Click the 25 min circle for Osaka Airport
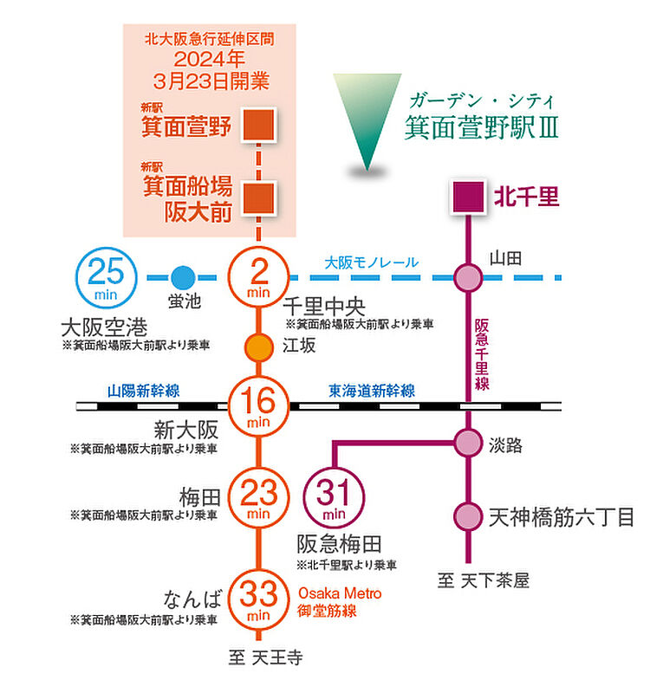tap(107, 277)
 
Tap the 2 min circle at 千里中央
tap(258, 277)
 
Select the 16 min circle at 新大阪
tap(258, 405)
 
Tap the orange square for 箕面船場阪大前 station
tap(259, 198)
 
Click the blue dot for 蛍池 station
tap(182, 277)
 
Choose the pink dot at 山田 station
tap(469, 277)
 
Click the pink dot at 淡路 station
tap(469, 444)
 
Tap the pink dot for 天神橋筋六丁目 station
tap(469, 516)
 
